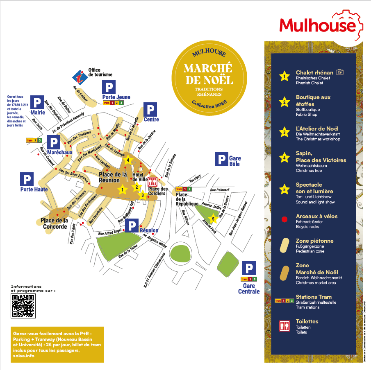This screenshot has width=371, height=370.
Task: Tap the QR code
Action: pos(23,305)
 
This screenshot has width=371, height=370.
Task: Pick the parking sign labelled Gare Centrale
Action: pos(248,268)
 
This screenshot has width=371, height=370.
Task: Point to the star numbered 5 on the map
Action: pos(213,218)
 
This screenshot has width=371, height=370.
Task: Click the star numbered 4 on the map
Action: pos(128,160)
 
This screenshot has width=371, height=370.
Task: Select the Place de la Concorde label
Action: pos(55,224)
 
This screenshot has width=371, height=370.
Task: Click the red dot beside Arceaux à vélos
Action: pos(284,219)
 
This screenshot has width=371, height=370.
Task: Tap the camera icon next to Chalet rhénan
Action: pos(339,72)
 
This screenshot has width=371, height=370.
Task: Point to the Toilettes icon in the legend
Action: pos(284,325)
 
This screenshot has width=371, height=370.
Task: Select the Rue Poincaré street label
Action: pos(220,190)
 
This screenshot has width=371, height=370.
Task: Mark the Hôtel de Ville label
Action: pos(140,177)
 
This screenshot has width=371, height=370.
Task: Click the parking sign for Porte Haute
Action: pos(27,179)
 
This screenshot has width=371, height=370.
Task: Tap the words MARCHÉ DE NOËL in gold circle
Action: pos(208,73)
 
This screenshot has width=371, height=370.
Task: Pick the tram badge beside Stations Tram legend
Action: pos(284,300)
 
